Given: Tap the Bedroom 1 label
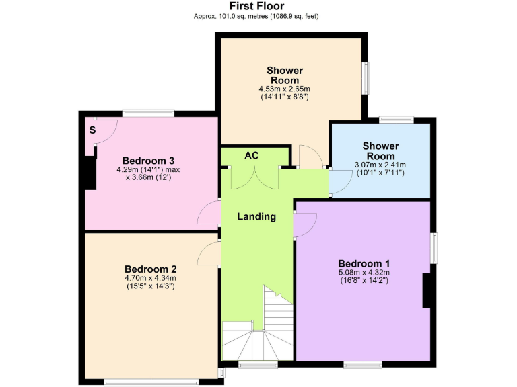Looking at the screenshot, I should [364, 263].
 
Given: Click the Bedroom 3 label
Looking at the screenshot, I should [149, 161].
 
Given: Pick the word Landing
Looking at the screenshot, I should [256, 216].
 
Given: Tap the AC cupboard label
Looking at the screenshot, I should [251, 155].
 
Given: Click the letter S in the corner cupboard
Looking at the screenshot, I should [92, 130].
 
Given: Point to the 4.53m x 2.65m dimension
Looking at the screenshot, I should [284, 89].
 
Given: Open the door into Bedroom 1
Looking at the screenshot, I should [304, 224].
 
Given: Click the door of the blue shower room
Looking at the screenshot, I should [339, 181].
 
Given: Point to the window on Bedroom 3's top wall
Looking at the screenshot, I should [148, 113].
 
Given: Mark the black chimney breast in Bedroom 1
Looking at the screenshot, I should [426, 290].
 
